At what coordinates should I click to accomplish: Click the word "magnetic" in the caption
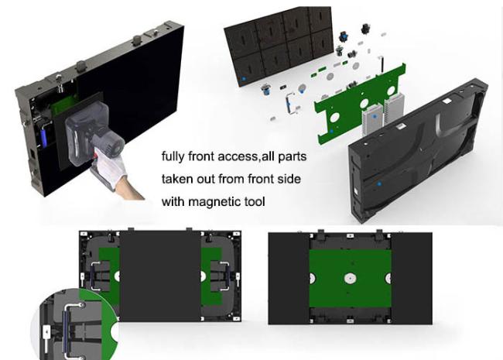point(214,202)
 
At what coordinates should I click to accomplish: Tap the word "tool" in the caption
point(255,201)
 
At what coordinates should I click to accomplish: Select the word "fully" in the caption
point(173,157)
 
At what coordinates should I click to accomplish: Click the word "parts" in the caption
point(293,157)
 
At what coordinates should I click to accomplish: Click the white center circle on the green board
point(351,278)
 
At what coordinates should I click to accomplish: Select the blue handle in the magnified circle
point(66,331)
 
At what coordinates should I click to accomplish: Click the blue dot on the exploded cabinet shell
point(379,184)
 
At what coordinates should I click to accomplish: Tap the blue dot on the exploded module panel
point(244,79)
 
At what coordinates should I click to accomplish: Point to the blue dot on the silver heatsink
point(375,116)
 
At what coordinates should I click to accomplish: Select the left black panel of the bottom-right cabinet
point(289,278)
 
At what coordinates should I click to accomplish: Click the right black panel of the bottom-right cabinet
point(412,278)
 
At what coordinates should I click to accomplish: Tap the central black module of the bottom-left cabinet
point(160,276)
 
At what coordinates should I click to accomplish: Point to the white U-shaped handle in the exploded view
point(289,103)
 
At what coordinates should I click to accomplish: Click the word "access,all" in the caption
point(246,157)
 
